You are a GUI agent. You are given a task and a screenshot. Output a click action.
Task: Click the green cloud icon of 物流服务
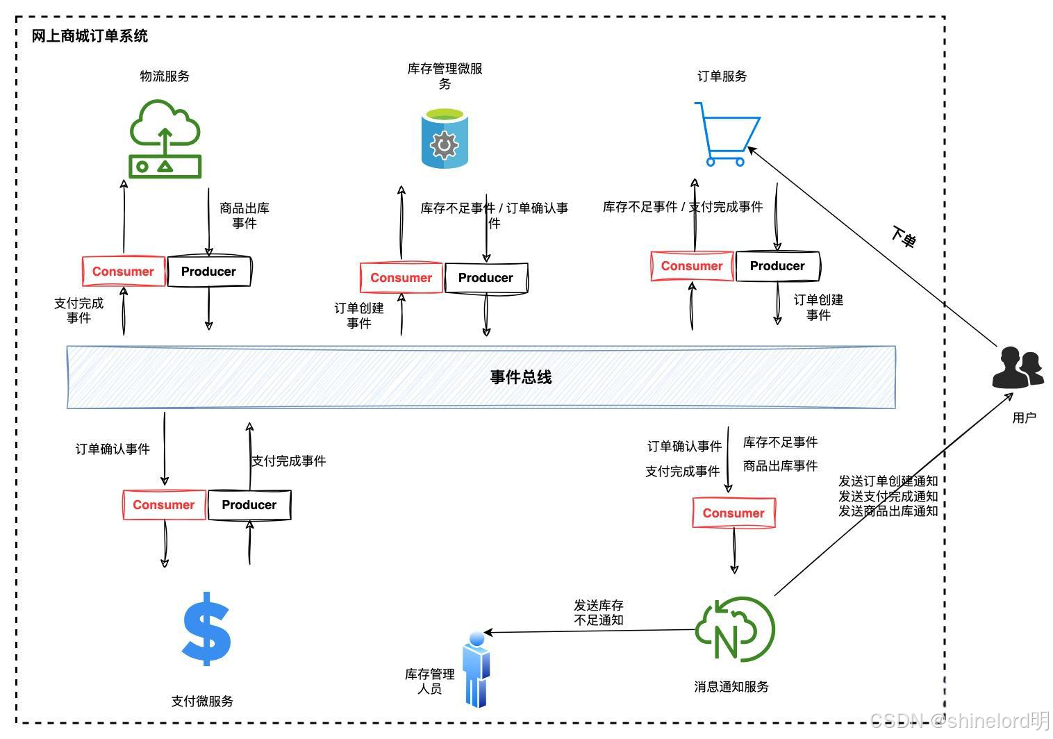tap(165, 139)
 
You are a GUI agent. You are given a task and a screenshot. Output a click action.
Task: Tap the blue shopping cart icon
tap(727, 134)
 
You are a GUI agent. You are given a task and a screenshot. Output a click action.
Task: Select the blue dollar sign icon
tap(206, 629)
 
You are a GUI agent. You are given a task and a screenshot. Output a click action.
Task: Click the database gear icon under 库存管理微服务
tap(445, 139)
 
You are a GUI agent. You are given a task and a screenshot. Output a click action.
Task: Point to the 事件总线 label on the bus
tap(521, 377)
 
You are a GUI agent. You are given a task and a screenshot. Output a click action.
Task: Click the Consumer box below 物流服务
tap(124, 272)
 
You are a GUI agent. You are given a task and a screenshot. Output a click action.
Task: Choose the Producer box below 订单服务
tap(777, 266)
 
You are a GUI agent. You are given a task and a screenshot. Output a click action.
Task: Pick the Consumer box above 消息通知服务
tap(733, 513)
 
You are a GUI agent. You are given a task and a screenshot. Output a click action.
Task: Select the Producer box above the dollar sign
tap(249, 505)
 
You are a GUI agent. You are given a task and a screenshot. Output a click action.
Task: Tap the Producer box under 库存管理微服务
tap(486, 278)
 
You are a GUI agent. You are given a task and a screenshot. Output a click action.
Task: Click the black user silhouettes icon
tap(1018, 367)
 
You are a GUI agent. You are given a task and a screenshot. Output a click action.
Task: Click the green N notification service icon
tap(734, 629)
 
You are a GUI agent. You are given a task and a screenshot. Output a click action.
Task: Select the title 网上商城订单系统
tap(90, 36)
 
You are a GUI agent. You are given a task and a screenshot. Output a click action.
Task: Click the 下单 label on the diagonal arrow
tap(904, 237)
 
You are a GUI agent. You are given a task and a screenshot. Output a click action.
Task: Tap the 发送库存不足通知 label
tap(599, 613)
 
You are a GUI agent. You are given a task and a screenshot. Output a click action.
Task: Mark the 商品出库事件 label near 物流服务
tap(244, 215)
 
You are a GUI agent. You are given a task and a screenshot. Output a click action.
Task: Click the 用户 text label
tap(1024, 417)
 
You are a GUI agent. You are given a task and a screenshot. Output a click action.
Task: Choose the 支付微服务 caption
tap(202, 701)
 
